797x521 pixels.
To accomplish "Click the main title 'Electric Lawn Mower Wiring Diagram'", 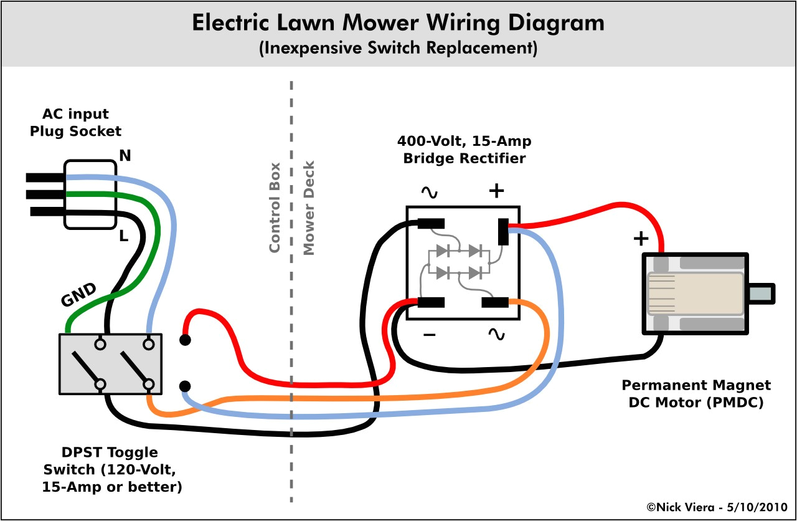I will click(x=398, y=23).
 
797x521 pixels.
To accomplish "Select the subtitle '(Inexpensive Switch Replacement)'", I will click(x=398, y=49).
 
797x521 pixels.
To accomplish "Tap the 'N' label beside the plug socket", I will click(x=125, y=156).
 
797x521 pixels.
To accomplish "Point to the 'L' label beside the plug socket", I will click(x=123, y=236).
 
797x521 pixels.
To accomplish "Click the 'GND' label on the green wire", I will click(x=78, y=295).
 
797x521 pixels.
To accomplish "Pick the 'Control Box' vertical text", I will click(x=275, y=208).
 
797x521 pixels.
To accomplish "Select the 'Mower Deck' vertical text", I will click(x=309, y=208).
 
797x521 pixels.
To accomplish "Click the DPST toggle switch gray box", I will click(x=110, y=364).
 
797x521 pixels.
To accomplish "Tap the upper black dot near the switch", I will click(x=185, y=340).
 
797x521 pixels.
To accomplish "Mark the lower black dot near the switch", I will click(x=185, y=386).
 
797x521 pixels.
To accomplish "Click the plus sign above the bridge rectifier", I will click(x=496, y=191).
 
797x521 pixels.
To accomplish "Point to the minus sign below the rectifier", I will click(x=429, y=335).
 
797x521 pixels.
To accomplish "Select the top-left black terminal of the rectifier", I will click(x=430, y=223).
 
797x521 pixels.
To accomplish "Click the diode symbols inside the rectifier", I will click(x=459, y=262).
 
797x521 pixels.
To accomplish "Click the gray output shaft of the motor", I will click(x=761, y=294).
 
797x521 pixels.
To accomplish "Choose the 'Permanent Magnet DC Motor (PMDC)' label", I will click(x=696, y=394).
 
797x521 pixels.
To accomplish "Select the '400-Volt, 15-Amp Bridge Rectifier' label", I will click(x=464, y=150).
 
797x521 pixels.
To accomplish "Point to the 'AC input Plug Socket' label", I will click(x=75, y=122).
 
